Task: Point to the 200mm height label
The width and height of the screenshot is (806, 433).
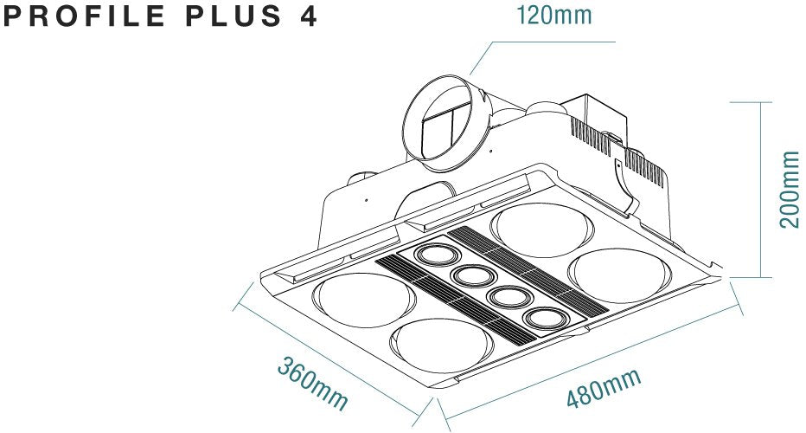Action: point(790,189)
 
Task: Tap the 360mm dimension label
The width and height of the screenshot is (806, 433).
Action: point(312,384)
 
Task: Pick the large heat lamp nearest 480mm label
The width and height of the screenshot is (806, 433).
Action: point(445,346)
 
